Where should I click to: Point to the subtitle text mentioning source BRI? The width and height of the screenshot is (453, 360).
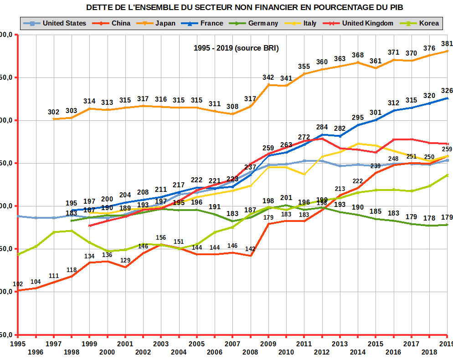(x=236, y=48)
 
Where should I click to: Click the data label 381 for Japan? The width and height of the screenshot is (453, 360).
(x=447, y=44)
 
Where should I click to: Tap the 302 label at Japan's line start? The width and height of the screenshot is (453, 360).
(x=54, y=112)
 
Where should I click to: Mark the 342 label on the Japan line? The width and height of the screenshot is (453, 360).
(x=268, y=77)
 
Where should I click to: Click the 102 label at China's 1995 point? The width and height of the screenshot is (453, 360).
(x=18, y=284)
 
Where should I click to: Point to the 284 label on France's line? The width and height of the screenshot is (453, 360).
(x=322, y=127)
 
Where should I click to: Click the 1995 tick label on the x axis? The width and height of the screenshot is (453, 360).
(x=17, y=343)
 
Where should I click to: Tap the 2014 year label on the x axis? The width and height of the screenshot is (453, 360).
(x=357, y=352)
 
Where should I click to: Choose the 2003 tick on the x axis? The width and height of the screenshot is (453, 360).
(x=161, y=343)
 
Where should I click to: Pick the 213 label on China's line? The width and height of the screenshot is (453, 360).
(x=340, y=189)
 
